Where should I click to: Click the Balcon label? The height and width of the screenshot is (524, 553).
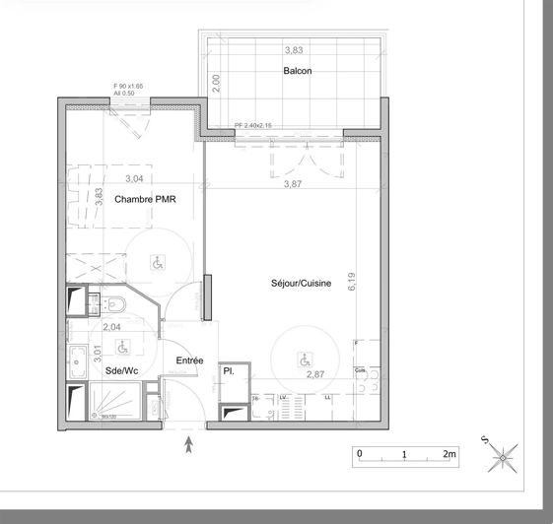298,71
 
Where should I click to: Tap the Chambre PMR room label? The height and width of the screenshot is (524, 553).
144,199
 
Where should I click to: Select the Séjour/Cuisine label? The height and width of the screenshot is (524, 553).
302,284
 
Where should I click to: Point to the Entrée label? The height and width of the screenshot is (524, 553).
189,360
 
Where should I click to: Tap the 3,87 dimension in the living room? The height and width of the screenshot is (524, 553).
294,184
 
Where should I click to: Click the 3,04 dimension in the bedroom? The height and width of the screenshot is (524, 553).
133,178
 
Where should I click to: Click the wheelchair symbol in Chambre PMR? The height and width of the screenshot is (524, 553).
156,262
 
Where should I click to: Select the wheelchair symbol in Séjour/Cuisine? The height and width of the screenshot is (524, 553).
302,360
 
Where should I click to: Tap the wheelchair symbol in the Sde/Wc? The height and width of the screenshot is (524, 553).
122,348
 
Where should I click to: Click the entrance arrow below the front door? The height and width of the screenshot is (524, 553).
189,445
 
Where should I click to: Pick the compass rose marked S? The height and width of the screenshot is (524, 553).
502,455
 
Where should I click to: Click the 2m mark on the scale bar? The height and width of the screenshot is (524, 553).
449,454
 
